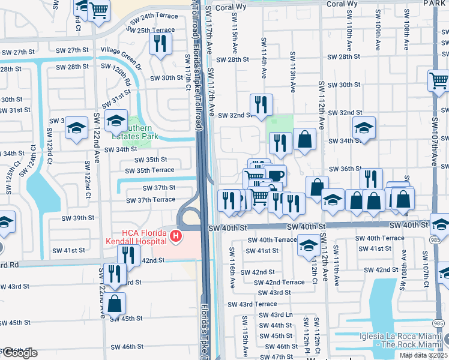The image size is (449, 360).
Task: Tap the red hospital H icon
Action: coord(175,236)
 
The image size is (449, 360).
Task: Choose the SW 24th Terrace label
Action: coord(154,16)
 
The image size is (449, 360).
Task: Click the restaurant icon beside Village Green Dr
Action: coord(160,43)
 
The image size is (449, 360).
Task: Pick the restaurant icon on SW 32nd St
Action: coord(261,105)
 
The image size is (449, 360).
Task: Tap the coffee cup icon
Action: coord(276,176)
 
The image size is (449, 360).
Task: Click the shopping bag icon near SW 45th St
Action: coord(115,303)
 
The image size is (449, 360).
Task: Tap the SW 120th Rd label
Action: coord(121,73)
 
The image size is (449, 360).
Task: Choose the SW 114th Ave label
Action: coord(264,58)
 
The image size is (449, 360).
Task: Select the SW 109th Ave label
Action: coord(378,37)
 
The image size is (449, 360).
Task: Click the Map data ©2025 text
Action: coord(423,355)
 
